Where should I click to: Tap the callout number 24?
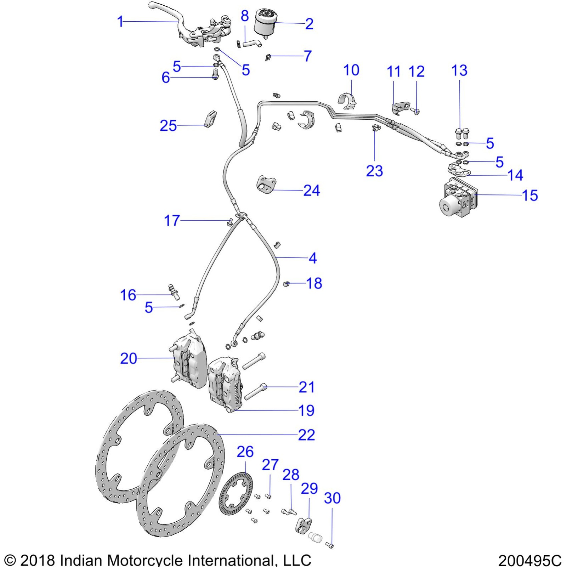tap(312, 191)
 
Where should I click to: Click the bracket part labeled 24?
tap(266, 184)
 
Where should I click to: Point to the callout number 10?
tap(351, 70)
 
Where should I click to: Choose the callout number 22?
tap(306, 435)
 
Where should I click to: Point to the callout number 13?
tap(459, 71)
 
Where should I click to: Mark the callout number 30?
tap(332, 498)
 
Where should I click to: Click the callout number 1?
tap(120, 22)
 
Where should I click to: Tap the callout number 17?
tap(172, 221)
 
